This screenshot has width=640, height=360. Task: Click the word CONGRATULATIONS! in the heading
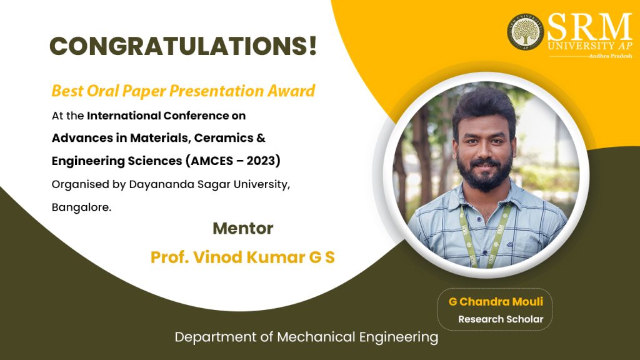pyautogui.click(x=183, y=46)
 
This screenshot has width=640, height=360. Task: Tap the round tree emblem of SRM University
pyautogui.click(x=525, y=31)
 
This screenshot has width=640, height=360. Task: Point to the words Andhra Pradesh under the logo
pyautogui.click(x=611, y=56)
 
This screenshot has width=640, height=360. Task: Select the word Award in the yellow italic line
pyautogui.click(x=291, y=91)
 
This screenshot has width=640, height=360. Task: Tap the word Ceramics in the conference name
pyautogui.click(x=224, y=138)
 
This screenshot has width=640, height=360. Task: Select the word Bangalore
pyautogui.click(x=81, y=207)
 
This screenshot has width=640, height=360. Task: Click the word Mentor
pyautogui.click(x=243, y=229)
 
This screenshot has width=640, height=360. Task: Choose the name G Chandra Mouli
pyautogui.click(x=496, y=302)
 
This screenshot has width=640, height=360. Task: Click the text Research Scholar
pyautogui.click(x=501, y=319)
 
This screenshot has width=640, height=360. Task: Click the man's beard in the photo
pyautogui.click(x=484, y=174)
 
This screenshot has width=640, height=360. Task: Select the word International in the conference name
pyautogui.click(x=124, y=116)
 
